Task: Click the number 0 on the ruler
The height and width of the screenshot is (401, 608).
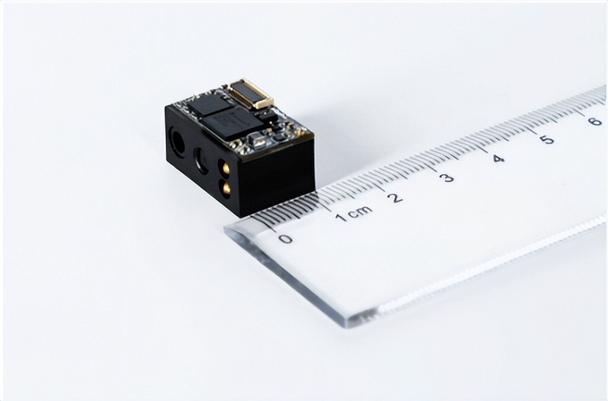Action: coord(286,239)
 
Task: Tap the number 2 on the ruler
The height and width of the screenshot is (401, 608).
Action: coord(395,198)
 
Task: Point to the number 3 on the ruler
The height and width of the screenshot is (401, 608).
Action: coord(447,178)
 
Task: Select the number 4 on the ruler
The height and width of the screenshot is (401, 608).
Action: coord(498,158)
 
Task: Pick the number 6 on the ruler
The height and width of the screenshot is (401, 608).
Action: coord(595,121)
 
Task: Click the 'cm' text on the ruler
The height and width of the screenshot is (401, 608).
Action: coord(360,211)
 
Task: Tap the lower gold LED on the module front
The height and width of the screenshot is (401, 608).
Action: coord(225,188)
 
